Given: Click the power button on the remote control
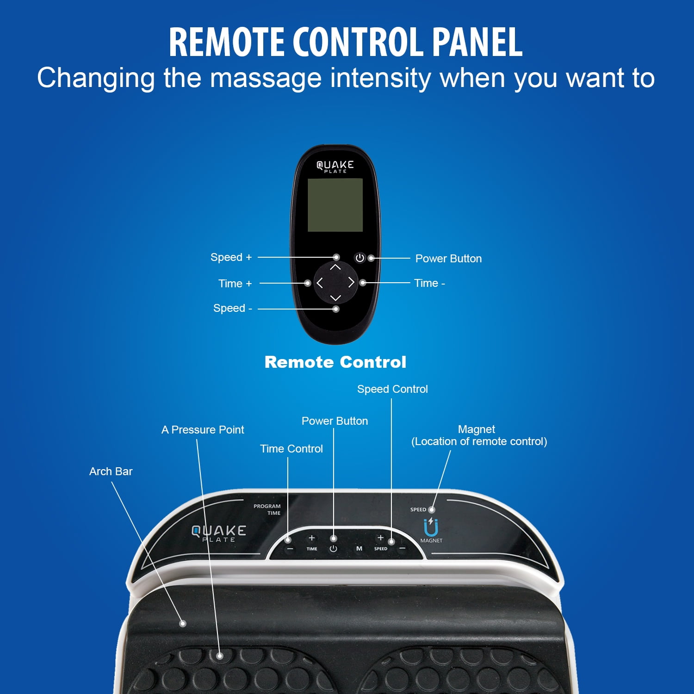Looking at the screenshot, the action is pos(359,258).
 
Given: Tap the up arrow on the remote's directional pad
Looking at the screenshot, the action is pos(335,267).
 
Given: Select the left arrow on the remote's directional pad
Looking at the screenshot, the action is pos(319,283).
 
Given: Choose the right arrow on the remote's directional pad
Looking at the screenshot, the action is pos(351,282).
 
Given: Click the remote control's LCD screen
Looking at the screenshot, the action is pos(335,205).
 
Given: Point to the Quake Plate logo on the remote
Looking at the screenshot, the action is pos(335,167).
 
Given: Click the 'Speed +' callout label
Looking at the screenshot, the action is pos(231,257).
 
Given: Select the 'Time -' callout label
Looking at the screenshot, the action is pos(429,283).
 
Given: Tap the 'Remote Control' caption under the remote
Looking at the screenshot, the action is pos(335,362).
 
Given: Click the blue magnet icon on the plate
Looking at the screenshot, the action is pos(431,527).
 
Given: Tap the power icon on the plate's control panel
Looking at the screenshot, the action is pos(333,549).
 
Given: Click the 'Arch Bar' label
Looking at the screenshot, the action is pos(111,471).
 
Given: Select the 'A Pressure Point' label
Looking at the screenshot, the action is pos(203,430).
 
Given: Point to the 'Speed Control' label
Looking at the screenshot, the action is pos(392,389).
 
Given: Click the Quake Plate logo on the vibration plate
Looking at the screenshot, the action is pos(219,533).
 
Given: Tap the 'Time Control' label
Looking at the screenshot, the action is pos(291,449).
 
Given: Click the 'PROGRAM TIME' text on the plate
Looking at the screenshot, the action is pos(267,509).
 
